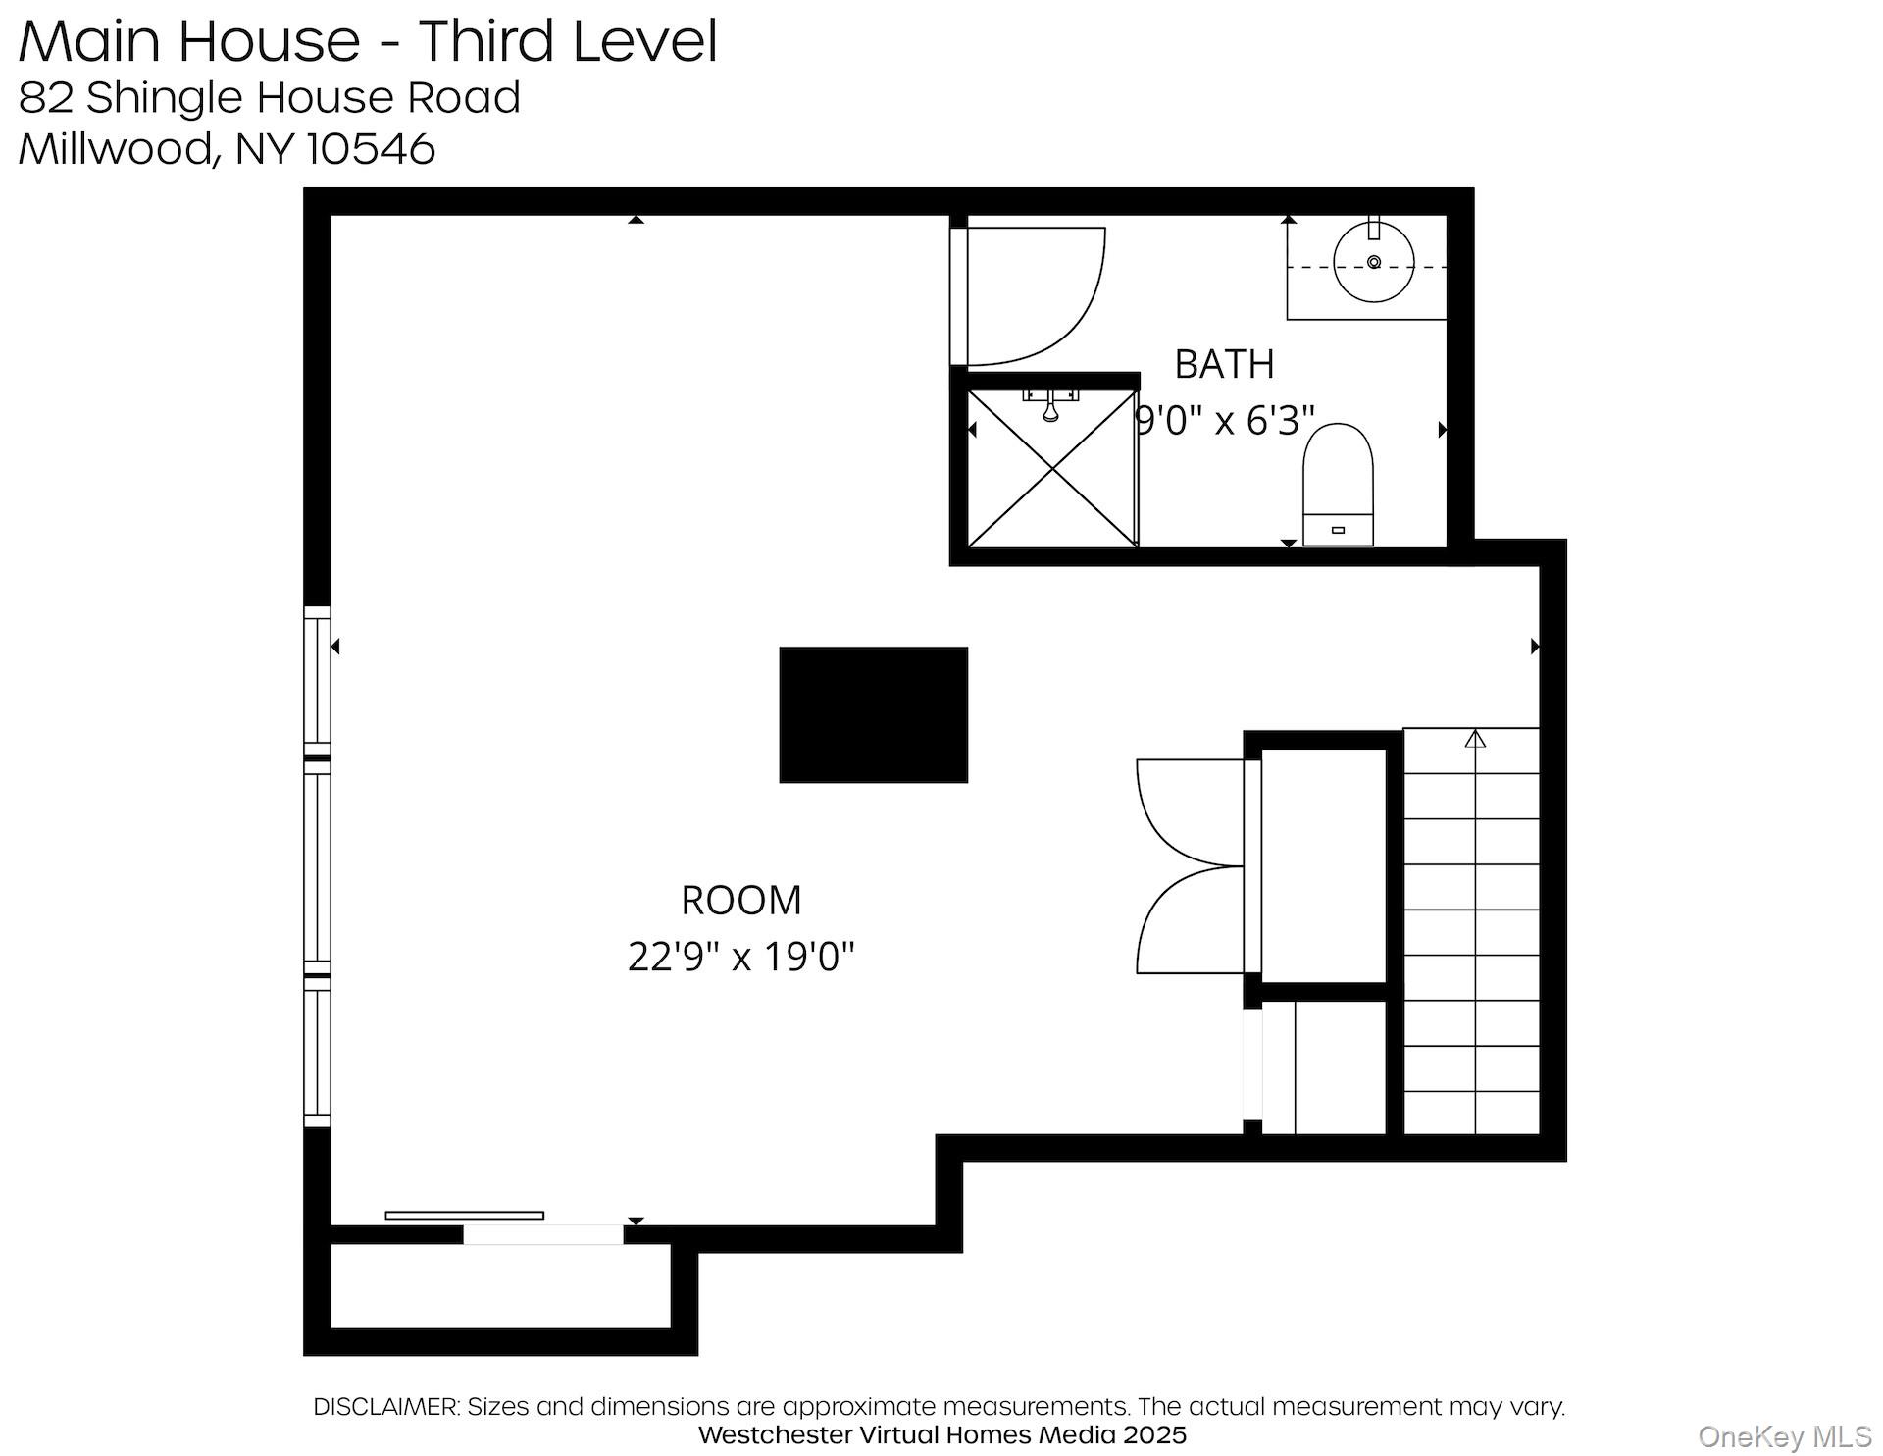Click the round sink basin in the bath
1374,262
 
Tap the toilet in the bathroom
1338,481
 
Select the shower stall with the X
1052,469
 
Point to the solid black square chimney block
873,714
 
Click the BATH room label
1224,364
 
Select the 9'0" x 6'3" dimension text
1224,420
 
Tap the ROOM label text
741,900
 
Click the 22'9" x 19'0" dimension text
741,956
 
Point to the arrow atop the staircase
1475,738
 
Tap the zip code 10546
371,149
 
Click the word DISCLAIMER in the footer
385,1406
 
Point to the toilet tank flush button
1338,531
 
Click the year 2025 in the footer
1154,1434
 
